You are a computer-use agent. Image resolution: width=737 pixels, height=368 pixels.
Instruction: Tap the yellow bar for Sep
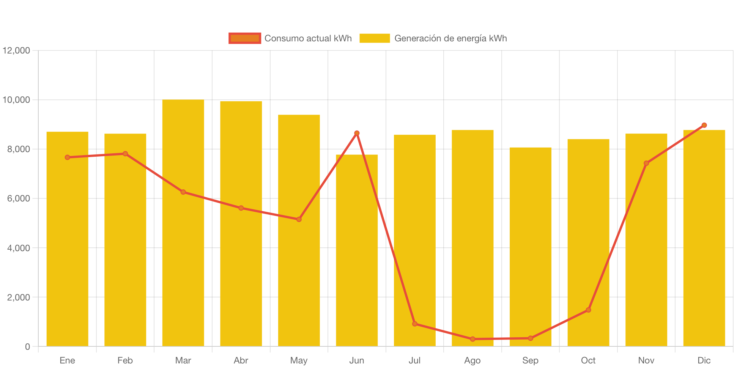click(530, 247)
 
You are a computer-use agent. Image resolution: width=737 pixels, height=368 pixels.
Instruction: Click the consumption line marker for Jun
click(357, 133)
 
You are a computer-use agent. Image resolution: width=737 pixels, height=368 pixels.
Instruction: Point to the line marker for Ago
click(472, 339)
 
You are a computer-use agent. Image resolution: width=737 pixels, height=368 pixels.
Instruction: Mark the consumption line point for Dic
click(704, 125)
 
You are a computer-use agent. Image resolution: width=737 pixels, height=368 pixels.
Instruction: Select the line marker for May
click(299, 219)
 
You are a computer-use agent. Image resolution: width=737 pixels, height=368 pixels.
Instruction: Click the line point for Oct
click(588, 310)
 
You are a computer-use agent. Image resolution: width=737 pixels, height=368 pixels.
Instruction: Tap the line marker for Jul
click(415, 324)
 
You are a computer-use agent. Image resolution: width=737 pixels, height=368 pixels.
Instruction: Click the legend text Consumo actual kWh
click(308, 38)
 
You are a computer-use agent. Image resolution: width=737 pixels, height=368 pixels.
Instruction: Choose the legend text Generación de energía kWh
click(450, 38)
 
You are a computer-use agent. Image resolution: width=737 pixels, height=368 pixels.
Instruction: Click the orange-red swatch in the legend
click(245, 38)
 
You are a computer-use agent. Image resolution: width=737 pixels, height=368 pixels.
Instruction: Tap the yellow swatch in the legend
click(375, 38)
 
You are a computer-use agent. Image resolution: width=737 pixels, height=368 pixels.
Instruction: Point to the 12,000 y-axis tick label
click(16, 50)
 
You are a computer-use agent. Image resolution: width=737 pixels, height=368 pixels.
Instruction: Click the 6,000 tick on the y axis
click(19, 198)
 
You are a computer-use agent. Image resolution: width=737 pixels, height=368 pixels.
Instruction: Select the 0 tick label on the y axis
click(27, 346)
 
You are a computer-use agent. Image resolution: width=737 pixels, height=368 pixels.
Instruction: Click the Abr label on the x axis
click(241, 360)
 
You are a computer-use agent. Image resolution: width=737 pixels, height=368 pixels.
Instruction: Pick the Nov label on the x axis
click(646, 360)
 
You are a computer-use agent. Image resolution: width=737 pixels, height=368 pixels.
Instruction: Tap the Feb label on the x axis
click(125, 360)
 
